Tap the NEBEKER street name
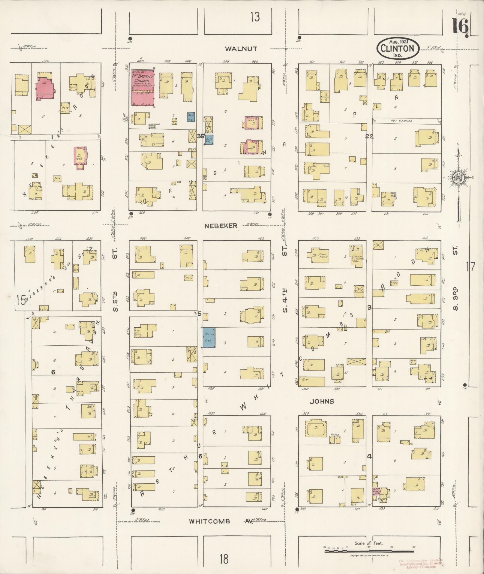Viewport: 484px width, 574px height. point(221,226)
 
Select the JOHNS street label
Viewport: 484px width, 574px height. point(322,401)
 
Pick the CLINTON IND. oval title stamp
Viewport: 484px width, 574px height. point(398,48)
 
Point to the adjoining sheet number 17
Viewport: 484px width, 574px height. point(471,266)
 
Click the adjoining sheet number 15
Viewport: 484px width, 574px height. point(21,300)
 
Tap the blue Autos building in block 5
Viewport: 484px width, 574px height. point(209,338)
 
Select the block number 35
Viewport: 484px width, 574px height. point(200,136)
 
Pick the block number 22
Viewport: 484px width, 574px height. point(369,136)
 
